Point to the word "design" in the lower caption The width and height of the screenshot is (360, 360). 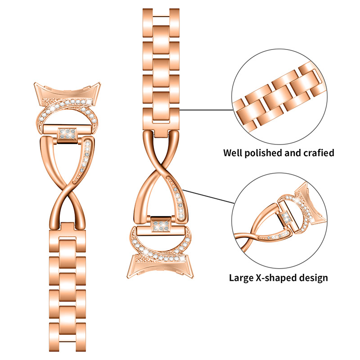pos(312,277)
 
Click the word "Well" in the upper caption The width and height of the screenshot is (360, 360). pos(234,153)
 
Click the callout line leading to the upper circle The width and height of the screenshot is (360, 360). pos(207,109)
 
